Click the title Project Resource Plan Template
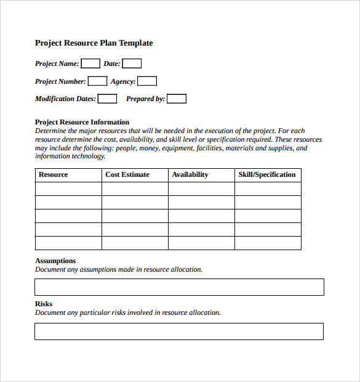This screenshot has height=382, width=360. pos(94,43)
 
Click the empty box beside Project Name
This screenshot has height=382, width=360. pos(90,63)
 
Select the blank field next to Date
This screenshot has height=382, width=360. pos(132,63)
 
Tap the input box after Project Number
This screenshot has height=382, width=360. pos(97,81)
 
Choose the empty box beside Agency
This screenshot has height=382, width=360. pos(147,81)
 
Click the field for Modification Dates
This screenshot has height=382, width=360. pos(107,99)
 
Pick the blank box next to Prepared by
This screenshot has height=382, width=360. pos(177,99)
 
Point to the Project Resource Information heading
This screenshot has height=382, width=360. pos(82,122)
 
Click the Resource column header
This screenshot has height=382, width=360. pos(54,175)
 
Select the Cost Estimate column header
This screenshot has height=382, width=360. pos(127,175)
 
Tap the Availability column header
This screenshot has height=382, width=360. pos(190,175)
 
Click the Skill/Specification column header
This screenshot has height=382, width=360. pos(267,175)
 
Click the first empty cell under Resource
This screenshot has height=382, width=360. pos(68,189)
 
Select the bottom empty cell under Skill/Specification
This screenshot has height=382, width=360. pos(268,243)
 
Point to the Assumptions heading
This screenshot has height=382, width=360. pos(55,261)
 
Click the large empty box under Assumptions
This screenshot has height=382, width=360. pos(179,287)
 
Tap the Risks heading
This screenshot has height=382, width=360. pos(44,304)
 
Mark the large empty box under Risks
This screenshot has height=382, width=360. pos(179,331)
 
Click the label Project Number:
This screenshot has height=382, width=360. pos(60,81)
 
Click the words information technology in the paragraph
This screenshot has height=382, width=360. pos(70,156)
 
